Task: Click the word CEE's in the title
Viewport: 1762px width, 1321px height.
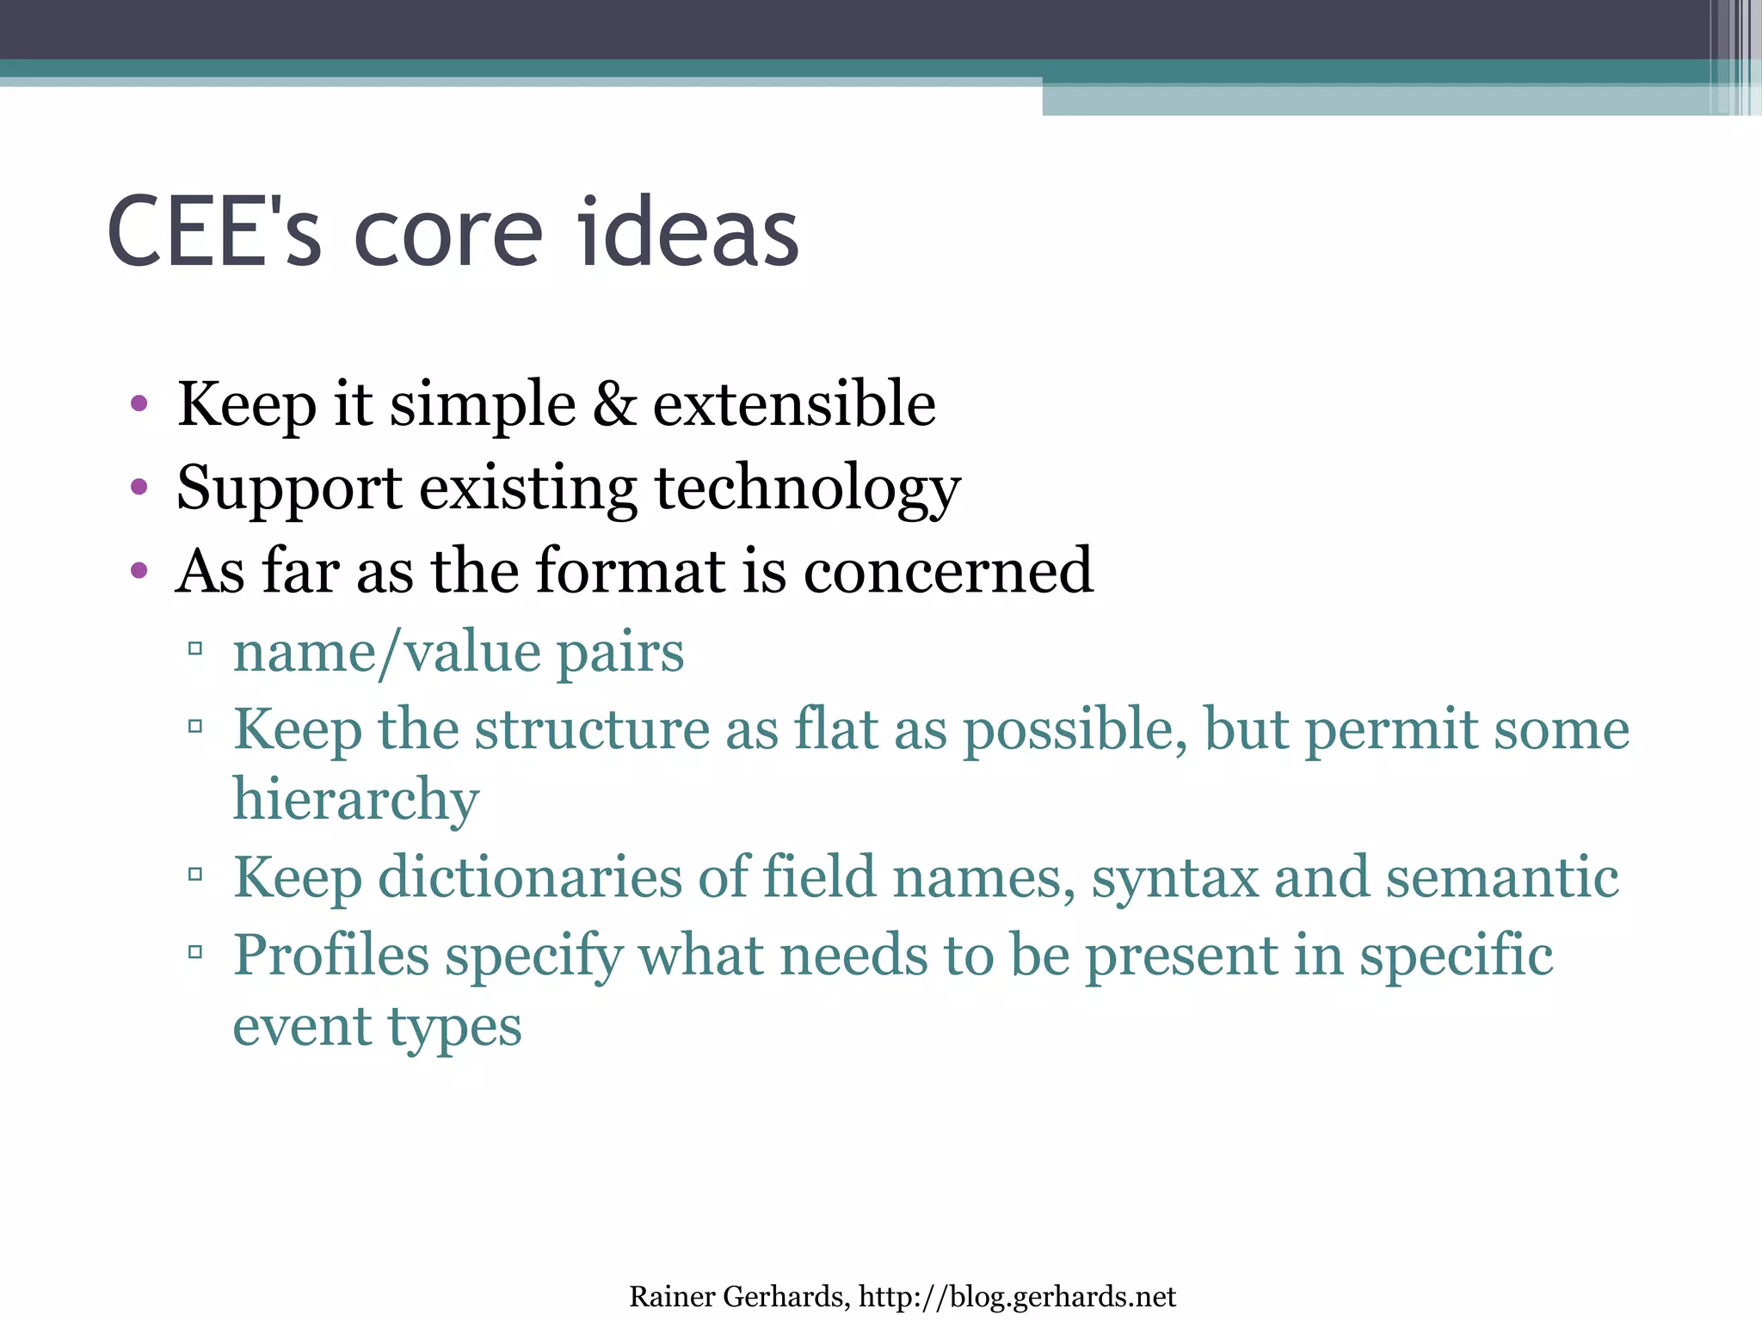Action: pyautogui.click(x=214, y=232)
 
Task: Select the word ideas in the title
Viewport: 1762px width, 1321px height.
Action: pyautogui.click(x=688, y=232)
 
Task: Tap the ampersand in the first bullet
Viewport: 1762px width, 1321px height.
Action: pyautogui.click(x=614, y=404)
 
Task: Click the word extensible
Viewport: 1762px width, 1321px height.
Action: pyautogui.click(x=794, y=404)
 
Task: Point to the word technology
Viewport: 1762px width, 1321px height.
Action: pyautogui.click(x=808, y=488)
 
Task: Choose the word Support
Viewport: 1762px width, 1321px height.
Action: pyautogui.click(x=289, y=488)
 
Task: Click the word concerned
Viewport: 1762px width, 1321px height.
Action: pyautogui.click(x=948, y=570)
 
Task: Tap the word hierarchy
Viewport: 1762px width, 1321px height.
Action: pyautogui.click(x=356, y=801)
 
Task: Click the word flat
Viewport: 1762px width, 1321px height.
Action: pyautogui.click(x=835, y=729)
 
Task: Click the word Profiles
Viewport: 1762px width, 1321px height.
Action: pyautogui.click(x=331, y=955)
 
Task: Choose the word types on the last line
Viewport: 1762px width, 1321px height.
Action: pyautogui.click(x=454, y=1027)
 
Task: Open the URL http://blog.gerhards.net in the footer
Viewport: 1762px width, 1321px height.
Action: pyautogui.click(x=1017, y=1296)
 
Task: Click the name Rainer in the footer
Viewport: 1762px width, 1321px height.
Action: pyautogui.click(x=671, y=1296)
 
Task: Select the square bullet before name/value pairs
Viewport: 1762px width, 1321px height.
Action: pyautogui.click(x=195, y=648)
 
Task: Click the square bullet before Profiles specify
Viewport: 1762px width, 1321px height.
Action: pyautogui.click(x=195, y=951)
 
